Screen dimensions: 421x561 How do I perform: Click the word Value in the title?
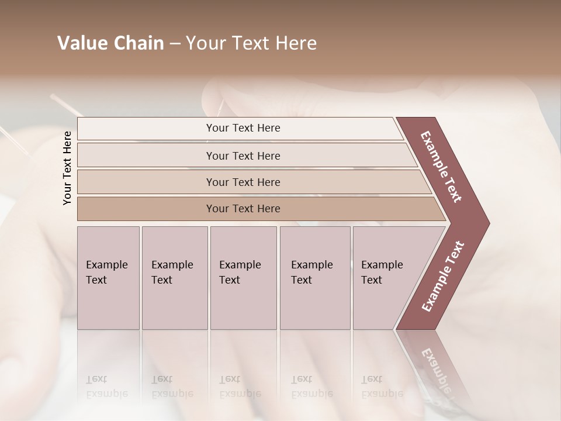81,43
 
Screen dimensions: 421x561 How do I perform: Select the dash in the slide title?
175,44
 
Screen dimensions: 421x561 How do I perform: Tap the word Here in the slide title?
297,43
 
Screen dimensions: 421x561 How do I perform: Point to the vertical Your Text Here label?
67,168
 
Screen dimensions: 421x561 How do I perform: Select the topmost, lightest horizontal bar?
243,128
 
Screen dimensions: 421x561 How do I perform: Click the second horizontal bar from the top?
243,156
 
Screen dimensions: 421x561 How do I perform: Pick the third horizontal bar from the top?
243,182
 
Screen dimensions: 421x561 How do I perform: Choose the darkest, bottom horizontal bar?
243,209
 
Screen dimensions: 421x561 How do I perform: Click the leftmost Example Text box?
108,278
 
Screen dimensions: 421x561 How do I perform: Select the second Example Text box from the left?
174,278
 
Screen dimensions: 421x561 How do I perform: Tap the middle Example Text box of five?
243,278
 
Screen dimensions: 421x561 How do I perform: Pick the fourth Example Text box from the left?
315,278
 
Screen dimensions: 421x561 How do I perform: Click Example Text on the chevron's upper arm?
441,167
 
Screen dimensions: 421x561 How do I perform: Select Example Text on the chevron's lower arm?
442,277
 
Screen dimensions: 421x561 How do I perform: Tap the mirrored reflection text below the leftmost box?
106,387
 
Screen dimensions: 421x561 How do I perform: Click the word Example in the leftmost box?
106,265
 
